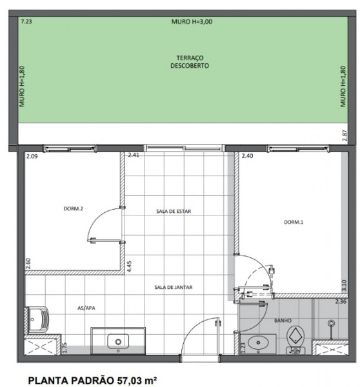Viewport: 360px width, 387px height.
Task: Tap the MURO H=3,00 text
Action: pyautogui.click(x=192, y=21)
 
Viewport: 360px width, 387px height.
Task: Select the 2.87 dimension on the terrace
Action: pyautogui.click(x=345, y=135)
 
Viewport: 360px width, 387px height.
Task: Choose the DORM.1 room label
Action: pyautogui.click(x=294, y=222)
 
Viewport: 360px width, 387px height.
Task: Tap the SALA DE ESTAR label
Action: pyautogui.click(x=174, y=211)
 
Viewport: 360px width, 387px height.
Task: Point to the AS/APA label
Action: pyautogui.click(x=68, y=309)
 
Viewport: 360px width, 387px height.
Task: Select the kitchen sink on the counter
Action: pyautogui.click(x=117, y=341)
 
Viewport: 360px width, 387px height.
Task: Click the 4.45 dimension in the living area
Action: pyautogui.click(x=129, y=266)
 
